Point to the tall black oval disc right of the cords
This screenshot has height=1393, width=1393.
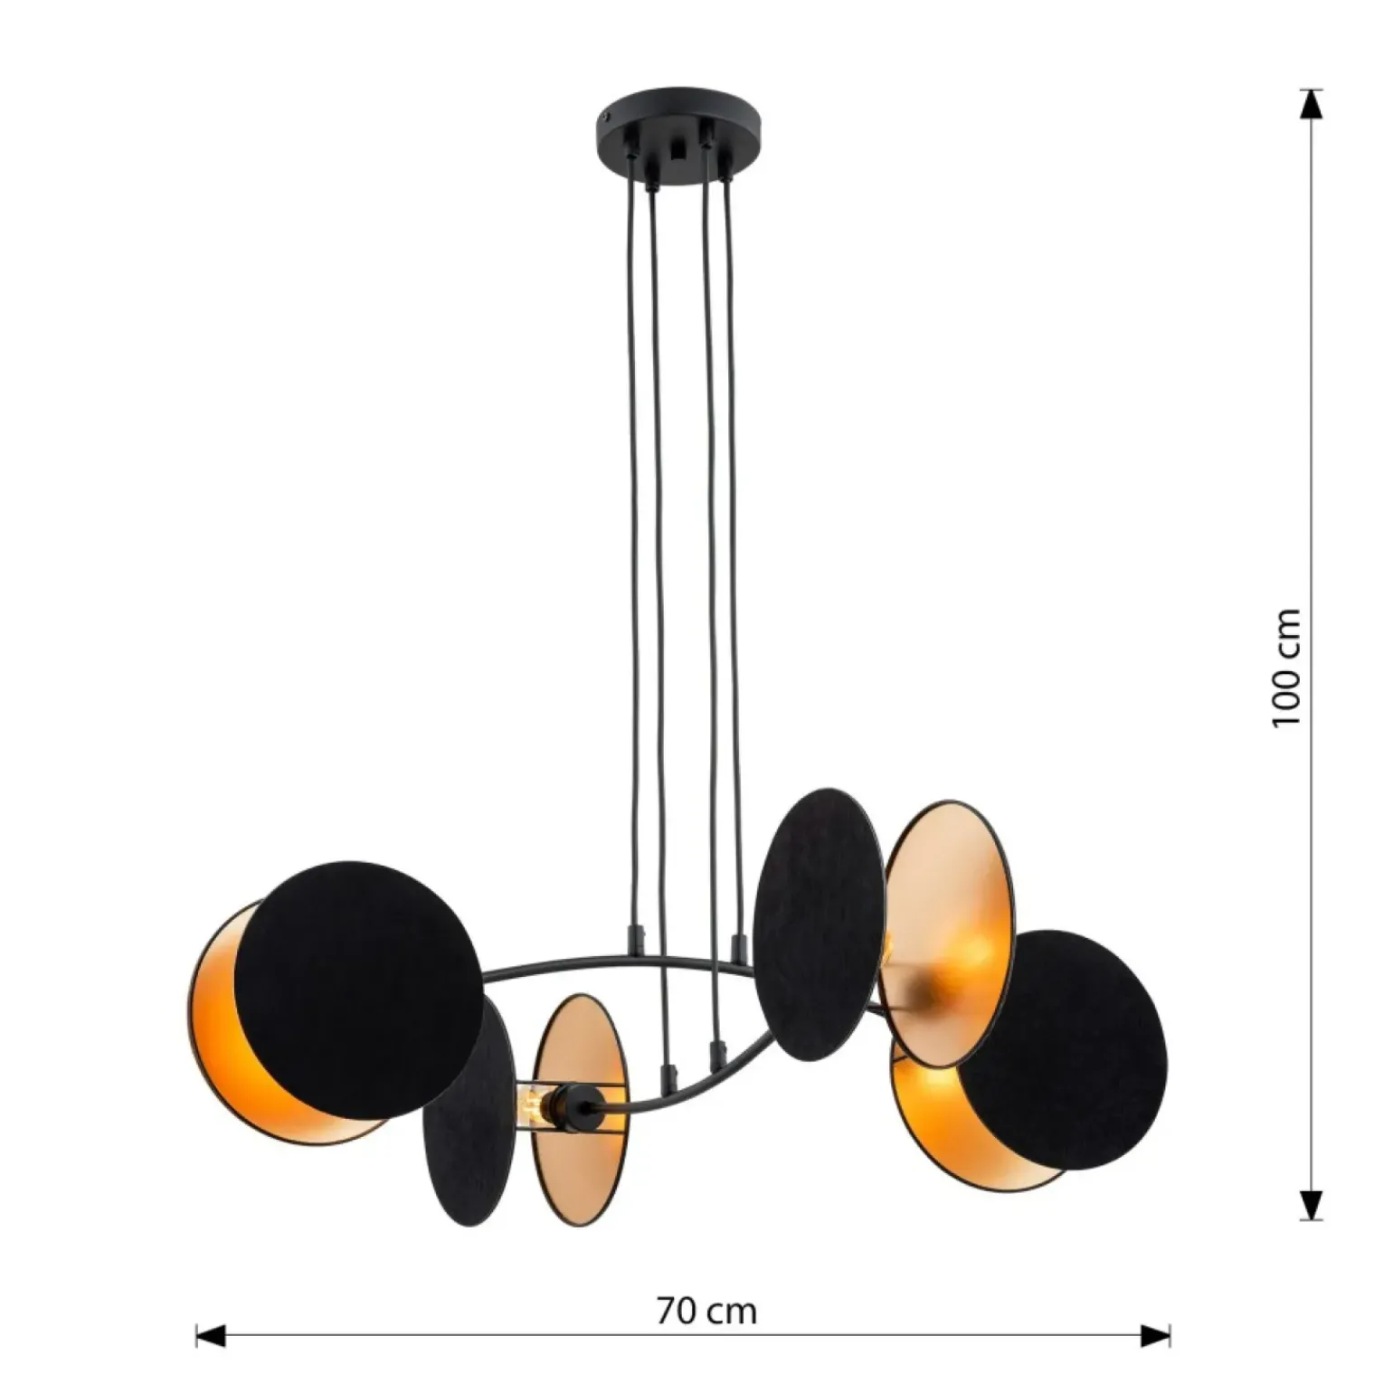pos(819,924)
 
